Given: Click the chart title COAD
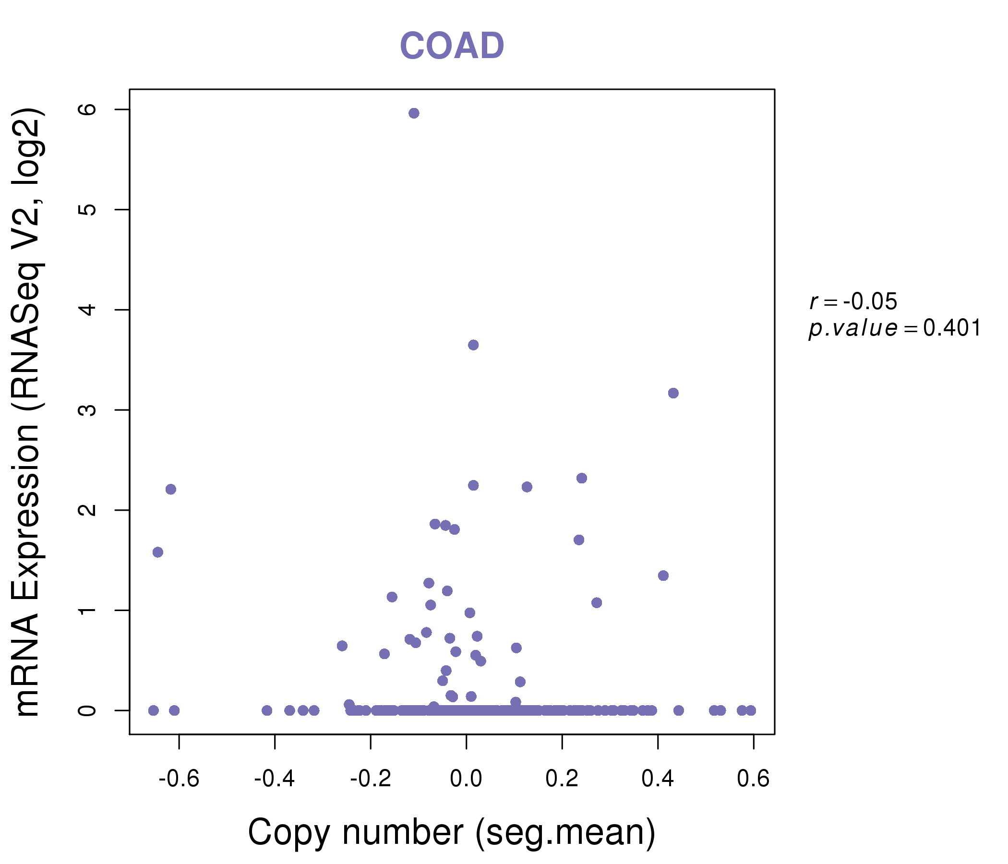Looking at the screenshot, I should [x=452, y=46].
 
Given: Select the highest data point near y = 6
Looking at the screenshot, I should [x=414, y=113].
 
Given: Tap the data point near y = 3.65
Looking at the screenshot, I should [x=473, y=345].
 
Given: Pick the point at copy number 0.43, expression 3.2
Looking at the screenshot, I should [x=673, y=393].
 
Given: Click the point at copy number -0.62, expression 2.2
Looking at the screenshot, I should [x=171, y=489].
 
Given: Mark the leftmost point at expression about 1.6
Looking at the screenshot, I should [x=157, y=552].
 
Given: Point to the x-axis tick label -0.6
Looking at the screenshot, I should [x=179, y=779].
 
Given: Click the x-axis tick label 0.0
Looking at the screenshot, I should [x=466, y=779].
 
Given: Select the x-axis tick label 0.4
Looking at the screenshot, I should [x=658, y=779].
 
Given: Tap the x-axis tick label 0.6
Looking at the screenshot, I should [x=753, y=779].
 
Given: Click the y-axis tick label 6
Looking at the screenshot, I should [x=87, y=109].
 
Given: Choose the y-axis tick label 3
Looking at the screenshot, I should [x=87, y=409].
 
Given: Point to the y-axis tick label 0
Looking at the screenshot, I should [x=87, y=710].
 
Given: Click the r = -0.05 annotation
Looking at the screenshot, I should [x=853, y=301].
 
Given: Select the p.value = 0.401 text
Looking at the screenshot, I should [x=894, y=328].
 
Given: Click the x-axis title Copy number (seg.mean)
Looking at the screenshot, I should [x=452, y=832].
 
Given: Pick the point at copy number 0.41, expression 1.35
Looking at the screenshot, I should [x=663, y=576].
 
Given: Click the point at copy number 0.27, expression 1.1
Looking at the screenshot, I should [x=597, y=603].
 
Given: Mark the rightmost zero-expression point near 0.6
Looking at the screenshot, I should [x=751, y=710].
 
